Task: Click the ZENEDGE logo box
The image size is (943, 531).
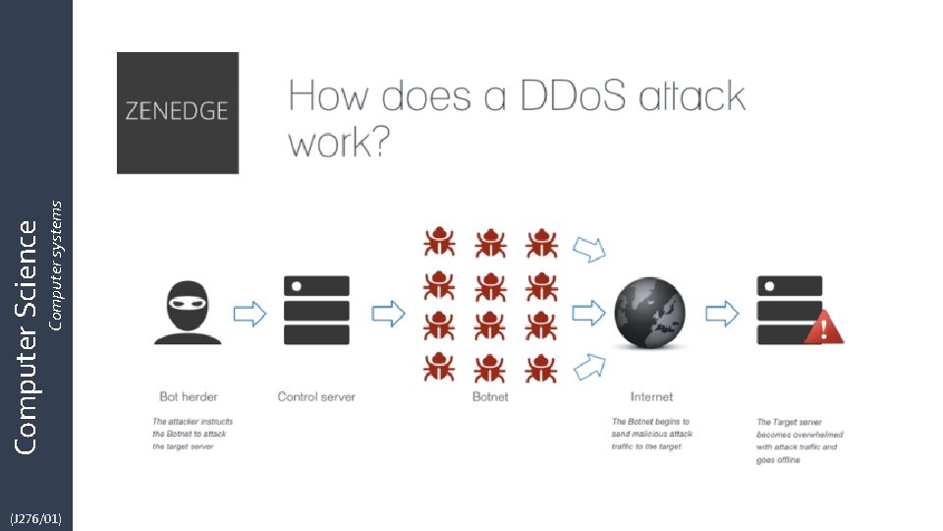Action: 178,113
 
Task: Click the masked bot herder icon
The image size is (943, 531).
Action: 187,312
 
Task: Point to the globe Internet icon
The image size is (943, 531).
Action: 650,313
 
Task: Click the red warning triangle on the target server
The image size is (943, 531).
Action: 824,326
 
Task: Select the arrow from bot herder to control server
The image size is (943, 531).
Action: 250,313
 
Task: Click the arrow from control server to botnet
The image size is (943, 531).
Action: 388,313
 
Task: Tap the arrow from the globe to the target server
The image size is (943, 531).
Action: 722,313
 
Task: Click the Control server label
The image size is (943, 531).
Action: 316,397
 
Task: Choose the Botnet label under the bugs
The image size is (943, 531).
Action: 490,397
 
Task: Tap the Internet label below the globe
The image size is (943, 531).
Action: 651,397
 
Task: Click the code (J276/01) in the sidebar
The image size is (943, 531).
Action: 35,517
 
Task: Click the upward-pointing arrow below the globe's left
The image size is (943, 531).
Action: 588,368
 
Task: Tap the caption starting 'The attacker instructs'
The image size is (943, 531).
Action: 193,434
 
